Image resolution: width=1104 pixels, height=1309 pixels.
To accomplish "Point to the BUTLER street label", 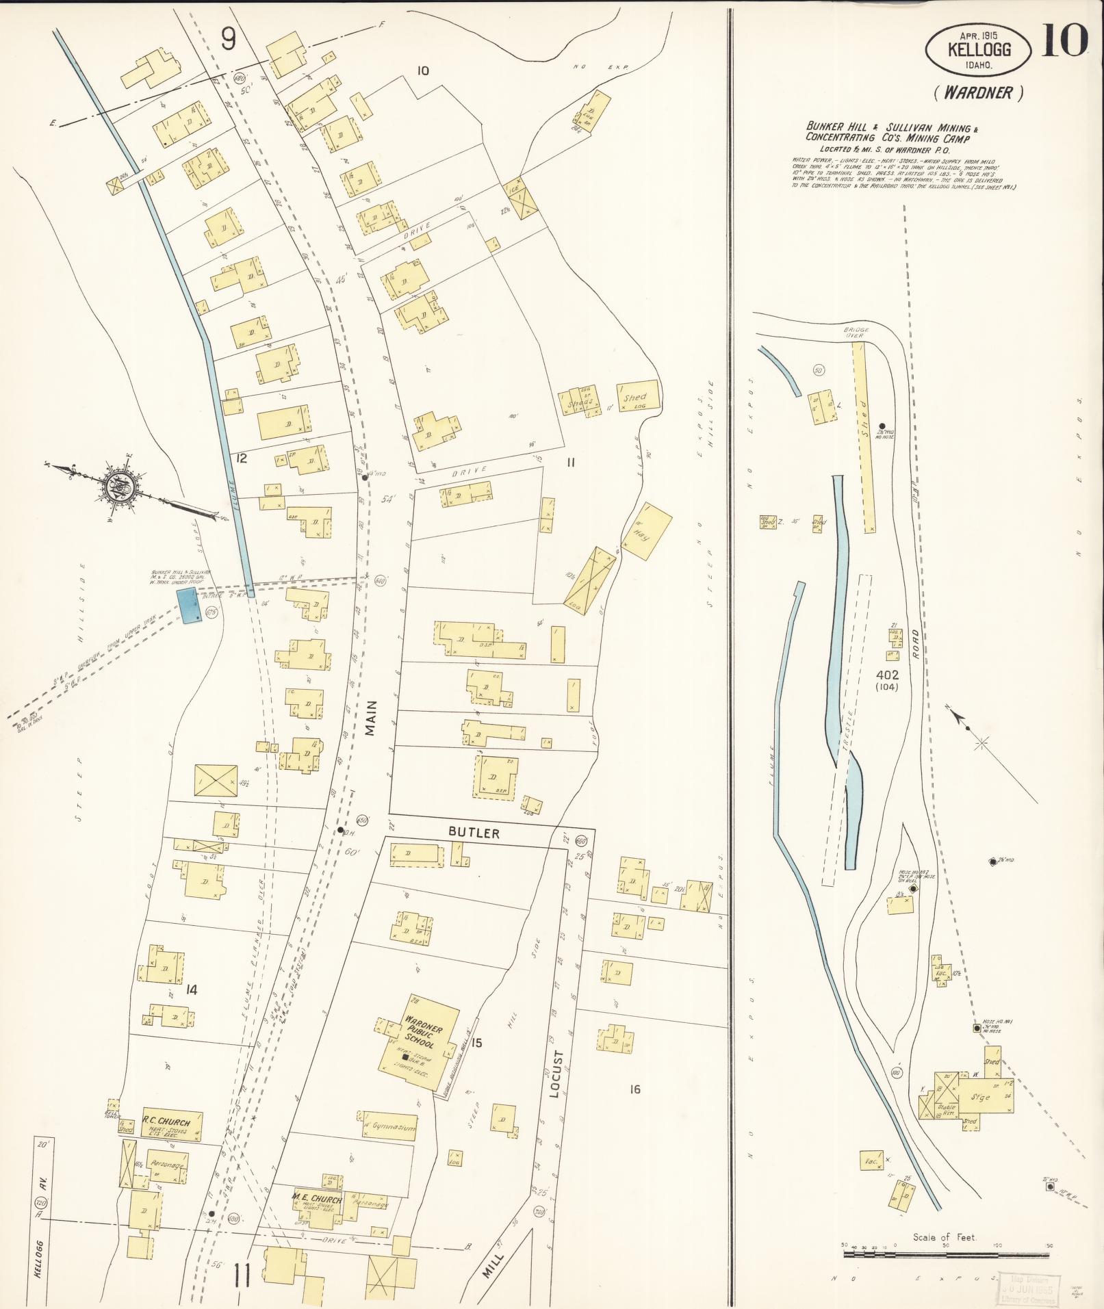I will coord(474,833).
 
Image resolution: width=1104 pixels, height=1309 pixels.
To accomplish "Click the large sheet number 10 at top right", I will coord(1065,40).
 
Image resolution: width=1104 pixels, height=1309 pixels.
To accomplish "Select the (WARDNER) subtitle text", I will coord(978,93).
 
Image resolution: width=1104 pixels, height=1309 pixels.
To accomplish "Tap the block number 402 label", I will coord(886,675).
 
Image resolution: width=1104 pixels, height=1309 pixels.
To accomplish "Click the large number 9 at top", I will coord(228,40).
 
